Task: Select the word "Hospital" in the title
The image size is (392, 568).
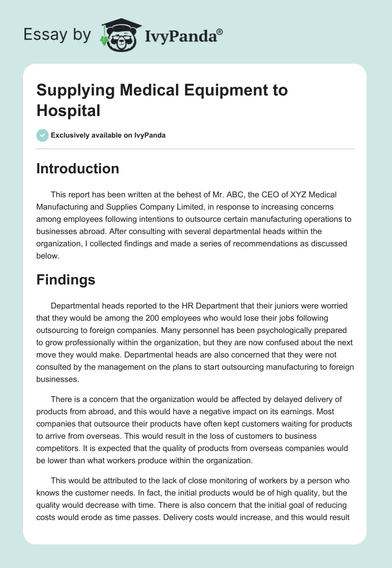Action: pyautogui.click(x=68, y=111)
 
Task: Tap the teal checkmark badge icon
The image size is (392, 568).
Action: pyautogui.click(x=43, y=135)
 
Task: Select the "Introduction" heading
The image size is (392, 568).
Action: pyautogui.click(x=78, y=168)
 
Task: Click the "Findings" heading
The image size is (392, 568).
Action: pyautogui.click(x=66, y=280)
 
